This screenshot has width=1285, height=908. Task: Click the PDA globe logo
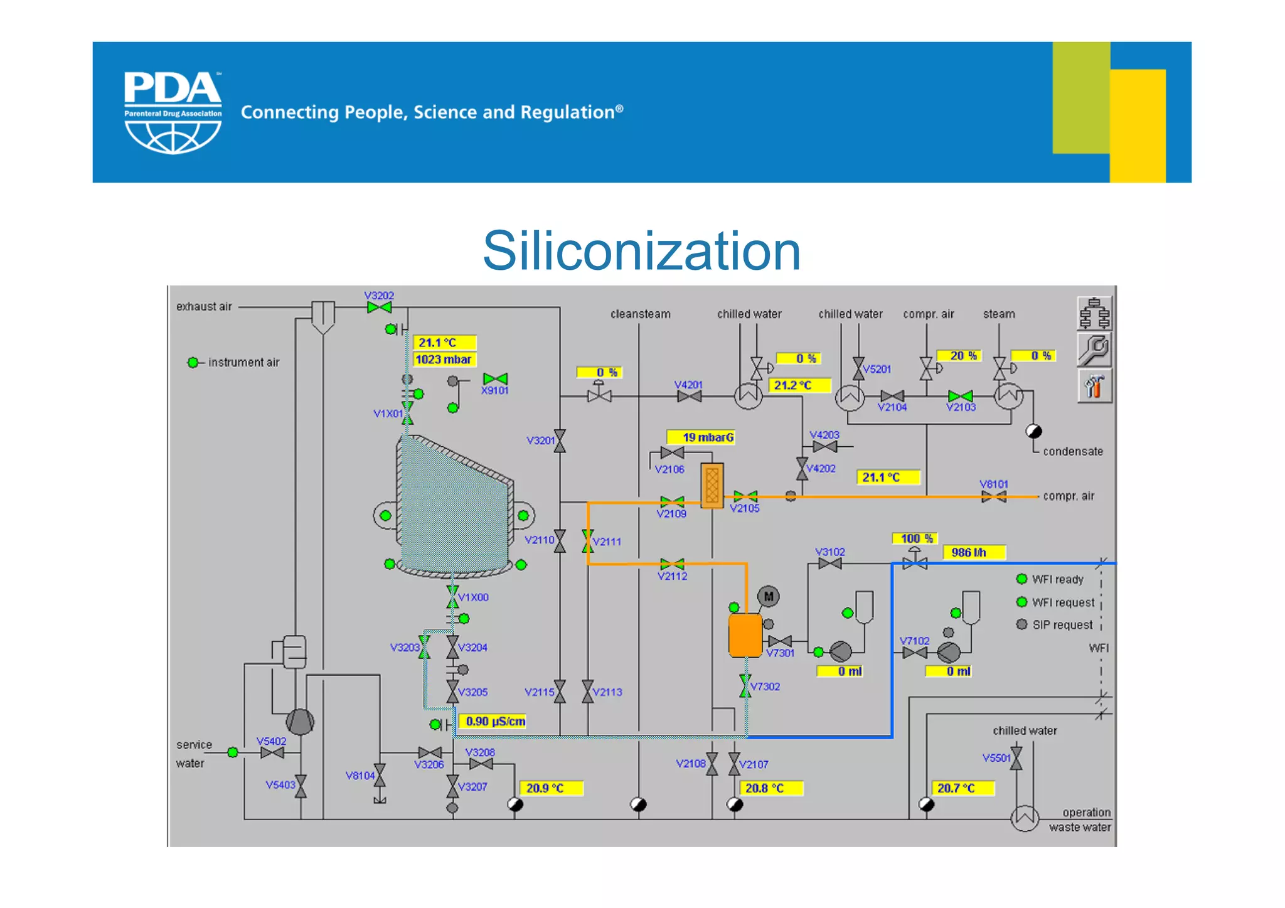173,113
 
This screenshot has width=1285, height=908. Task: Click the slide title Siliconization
641,251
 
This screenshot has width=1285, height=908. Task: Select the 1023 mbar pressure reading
444,360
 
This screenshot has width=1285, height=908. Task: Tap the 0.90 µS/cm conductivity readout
494,722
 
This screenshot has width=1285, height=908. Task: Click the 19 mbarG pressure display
702,437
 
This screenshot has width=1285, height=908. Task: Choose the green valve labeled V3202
379,307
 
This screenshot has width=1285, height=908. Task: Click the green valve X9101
495,378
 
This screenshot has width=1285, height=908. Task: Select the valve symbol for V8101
994,497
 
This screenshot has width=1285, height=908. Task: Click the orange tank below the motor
745,636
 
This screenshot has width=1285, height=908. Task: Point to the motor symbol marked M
769,596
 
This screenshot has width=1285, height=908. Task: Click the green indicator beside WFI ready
1021,579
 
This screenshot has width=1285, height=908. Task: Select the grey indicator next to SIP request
1021,624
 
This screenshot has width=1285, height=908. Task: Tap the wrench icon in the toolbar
1094,350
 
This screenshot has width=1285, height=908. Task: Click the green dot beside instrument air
193,362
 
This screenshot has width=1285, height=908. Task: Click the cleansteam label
640,314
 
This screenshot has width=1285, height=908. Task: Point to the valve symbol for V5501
1016,758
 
